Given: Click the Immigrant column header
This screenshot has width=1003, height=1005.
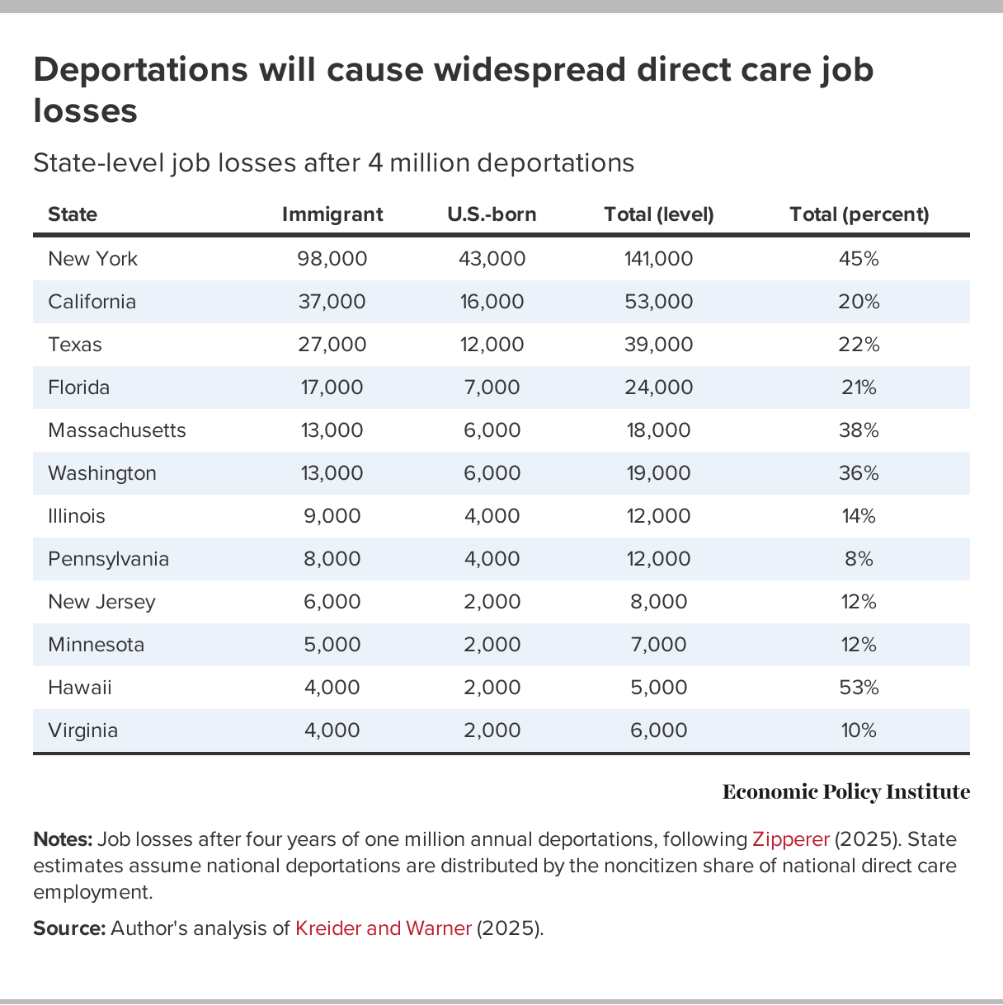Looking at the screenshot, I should coord(332,214).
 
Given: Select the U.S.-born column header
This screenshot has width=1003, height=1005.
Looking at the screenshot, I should coord(492,214).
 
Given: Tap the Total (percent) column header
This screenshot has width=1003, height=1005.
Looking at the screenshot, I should coord(859,214).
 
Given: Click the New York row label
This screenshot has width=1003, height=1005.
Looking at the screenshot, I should coord(92,259).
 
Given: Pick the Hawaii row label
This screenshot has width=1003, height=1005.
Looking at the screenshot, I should coord(79,688).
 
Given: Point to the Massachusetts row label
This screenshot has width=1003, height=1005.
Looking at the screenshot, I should coord(116,430).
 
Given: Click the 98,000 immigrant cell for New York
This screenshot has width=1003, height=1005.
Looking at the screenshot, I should coord(332,259).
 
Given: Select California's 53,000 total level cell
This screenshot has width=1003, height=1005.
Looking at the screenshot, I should coord(658,302).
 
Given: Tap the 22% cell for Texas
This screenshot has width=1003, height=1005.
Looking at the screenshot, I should coord(859,345).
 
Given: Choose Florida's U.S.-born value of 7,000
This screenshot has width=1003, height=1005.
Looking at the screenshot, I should coord(492,387).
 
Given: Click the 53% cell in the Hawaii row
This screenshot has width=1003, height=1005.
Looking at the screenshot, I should coord(859,688).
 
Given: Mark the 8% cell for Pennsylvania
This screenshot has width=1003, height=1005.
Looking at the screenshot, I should coord(859,559).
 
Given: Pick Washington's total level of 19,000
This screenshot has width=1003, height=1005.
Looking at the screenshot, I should coord(658,473).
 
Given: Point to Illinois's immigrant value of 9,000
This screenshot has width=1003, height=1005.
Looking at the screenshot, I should coord(332,516).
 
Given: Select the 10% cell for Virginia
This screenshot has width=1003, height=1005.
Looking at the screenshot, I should coord(859,730).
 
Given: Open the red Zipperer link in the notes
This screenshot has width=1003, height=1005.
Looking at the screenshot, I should coord(790,839).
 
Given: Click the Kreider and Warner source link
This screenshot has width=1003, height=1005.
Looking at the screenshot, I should coord(383,928).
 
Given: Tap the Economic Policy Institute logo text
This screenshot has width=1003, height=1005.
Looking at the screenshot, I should coord(845,792).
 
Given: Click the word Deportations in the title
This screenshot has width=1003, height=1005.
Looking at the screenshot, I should coord(140,69).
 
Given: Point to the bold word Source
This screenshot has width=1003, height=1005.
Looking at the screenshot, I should coord(68,928).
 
